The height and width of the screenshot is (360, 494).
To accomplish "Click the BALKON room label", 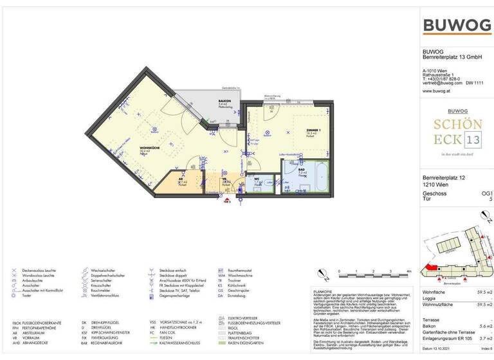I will click(x=224, y=101).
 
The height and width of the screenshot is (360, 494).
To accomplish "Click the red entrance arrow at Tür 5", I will click(x=226, y=201).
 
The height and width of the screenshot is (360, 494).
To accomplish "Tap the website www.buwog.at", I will click(x=435, y=91).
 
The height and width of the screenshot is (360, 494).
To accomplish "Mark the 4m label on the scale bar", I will click(x=408, y=272).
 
